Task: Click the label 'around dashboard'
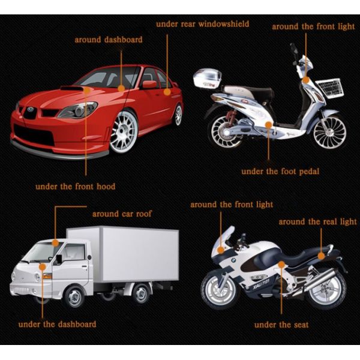coord(109,40)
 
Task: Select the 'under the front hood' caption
coord(75,187)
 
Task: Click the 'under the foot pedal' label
coord(280,172)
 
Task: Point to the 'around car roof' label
coord(122,214)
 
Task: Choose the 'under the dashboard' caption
coord(57,324)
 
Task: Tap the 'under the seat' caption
coord(281,325)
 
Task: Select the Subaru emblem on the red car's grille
coord(30,110)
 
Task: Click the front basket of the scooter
coord(330,89)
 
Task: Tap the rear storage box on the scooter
coord(208,80)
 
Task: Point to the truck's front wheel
coord(75,296)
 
